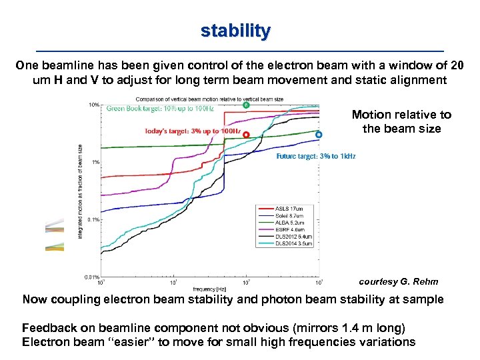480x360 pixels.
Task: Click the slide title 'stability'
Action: [x=236, y=31]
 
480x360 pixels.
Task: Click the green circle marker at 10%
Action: [x=245, y=105]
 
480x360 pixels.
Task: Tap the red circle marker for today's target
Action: [x=246, y=135]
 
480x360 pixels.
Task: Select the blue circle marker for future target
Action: [x=319, y=135]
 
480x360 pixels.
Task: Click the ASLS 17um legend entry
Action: [x=288, y=209]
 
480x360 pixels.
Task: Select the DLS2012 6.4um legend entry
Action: [x=292, y=237]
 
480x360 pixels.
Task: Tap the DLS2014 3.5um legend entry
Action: [x=292, y=244]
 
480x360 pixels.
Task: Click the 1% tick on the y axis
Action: [x=95, y=162]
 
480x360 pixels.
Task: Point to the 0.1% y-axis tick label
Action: [x=93, y=219]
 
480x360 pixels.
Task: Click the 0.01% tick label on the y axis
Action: [x=92, y=277]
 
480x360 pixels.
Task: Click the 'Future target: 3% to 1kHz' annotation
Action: [x=315, y=157]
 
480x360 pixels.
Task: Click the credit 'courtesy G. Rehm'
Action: [x=399, y=281]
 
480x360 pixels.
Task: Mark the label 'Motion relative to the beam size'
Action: [x=401, y=121]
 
